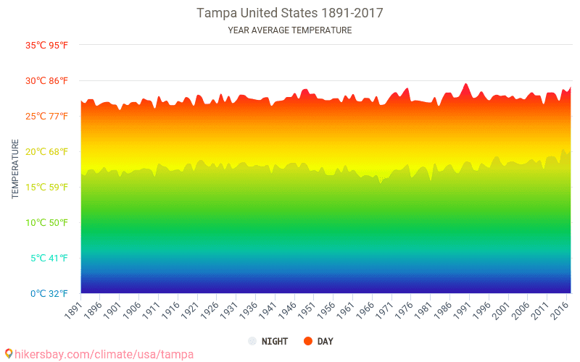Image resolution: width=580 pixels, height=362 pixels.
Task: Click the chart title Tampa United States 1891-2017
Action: pos(290,13)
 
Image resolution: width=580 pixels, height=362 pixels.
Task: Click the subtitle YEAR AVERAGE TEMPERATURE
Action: pos(290,30)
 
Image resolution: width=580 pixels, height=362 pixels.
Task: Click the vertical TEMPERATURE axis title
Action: pos(15,169)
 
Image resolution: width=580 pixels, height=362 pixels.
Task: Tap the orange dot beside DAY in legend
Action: pos(307,341)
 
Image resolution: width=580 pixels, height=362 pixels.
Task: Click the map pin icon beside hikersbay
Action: pos(9,353)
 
